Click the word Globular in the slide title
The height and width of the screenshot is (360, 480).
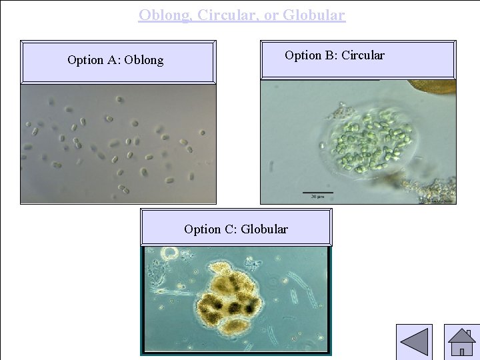tap(314, 15)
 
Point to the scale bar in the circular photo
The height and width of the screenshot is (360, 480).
tap(317, 193)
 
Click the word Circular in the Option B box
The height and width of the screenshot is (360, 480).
tap(362, 55)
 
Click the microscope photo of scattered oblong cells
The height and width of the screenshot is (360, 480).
tap(118, 143)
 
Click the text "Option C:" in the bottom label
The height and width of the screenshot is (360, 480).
tap(210, 229)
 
